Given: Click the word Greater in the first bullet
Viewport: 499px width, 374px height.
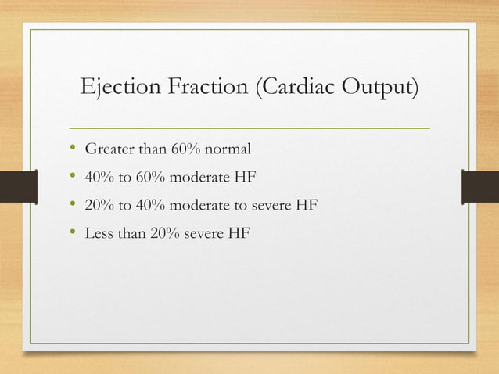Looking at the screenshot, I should pyautogui.click(x=109, y=149).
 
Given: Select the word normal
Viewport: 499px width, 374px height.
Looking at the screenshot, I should pyautogui.click(x=228, y=149).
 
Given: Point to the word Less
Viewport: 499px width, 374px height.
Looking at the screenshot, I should pyautogui.click(x=99, y=232).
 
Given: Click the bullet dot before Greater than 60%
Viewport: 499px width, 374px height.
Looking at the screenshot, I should pyautogui.click(x=72, y=149).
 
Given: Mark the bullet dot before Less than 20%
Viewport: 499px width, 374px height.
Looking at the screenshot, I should pyautogui.click(x=72, y=232).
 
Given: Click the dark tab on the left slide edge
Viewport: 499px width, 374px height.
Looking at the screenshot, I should pyautogui.click(x=17, y=189).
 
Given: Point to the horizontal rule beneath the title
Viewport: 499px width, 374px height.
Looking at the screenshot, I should pyautogui.click(x=249, y=127).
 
